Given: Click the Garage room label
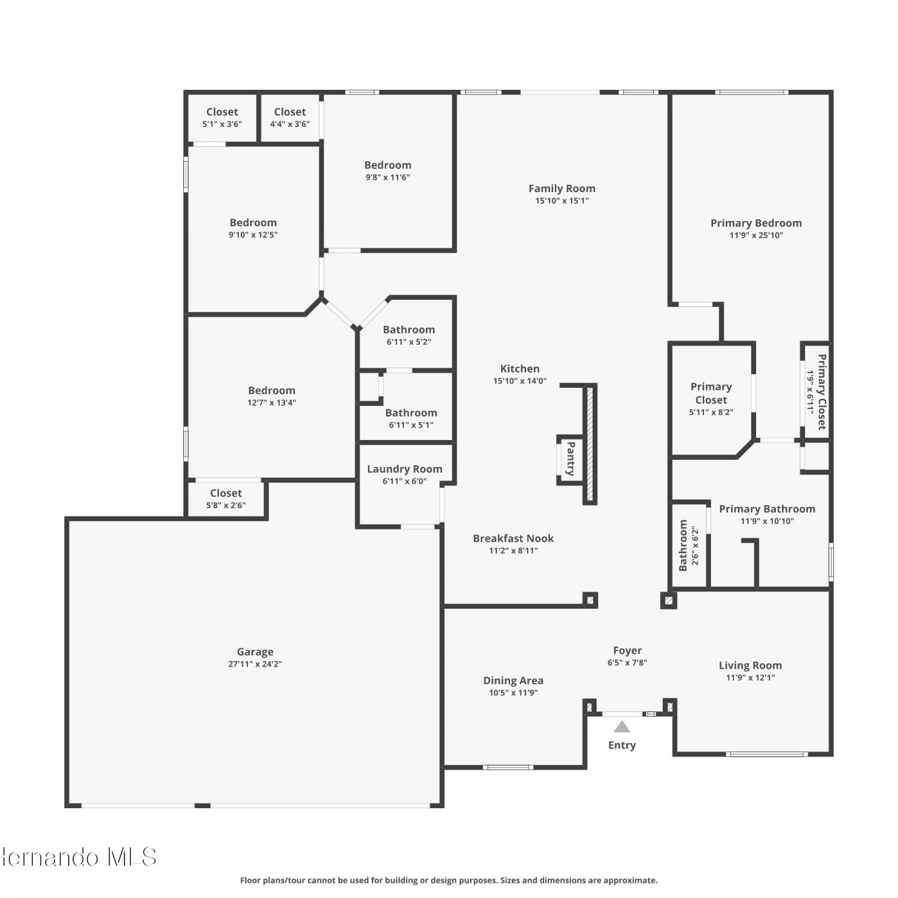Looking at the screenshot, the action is coord(255,652).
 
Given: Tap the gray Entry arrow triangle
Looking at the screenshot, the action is coord(622,727).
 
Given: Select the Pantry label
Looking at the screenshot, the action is coord(571,459).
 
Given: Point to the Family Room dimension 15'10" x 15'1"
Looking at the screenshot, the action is coord(562,201).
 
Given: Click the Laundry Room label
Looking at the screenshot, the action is coord(405,469).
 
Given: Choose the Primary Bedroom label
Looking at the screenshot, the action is coord(756,223).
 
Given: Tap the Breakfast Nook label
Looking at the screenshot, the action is coord(513,539).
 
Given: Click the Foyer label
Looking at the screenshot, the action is coord(627,651).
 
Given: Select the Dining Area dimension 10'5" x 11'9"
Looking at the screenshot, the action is coord(514,693).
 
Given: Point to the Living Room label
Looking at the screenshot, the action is coord(750,666).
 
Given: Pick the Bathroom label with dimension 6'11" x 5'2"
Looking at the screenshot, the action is coord(409,330).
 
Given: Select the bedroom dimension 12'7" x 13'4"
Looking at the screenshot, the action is coord(272,403).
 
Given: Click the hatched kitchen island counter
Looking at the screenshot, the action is coord(590,444).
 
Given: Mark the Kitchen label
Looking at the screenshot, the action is coord(520,369).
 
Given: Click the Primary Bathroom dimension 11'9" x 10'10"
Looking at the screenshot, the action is coord(767,521).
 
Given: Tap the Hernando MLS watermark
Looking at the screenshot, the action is coord(78,857).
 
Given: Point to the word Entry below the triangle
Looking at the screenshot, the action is coord(622,745).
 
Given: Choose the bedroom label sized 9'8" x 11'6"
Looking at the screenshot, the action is coord(388,165).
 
